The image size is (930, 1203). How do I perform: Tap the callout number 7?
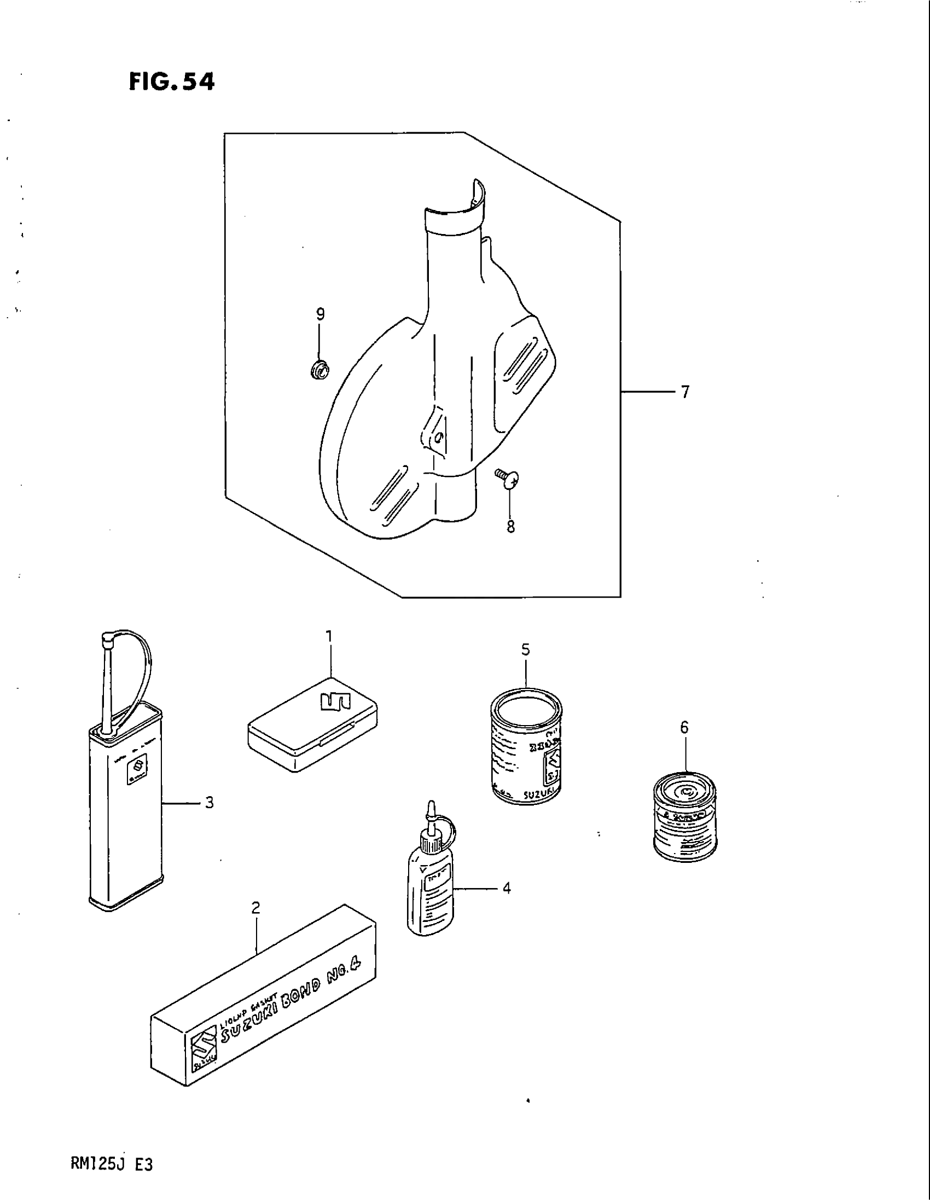click(x=685, y=392)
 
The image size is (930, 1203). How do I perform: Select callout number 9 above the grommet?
click(x=320, y=314)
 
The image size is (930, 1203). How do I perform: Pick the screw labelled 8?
click(x=508, y=477)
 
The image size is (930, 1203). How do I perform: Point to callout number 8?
click(x=511, y=527)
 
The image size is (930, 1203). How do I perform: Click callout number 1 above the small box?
click(x=329, y=636)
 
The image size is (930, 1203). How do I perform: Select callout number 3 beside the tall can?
click(x=209, y=803)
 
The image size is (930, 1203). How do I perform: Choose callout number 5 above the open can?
click(x=526, y=650)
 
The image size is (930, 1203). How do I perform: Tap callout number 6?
click(x=684, y=728)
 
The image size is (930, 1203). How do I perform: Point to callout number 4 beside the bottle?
click(x=507, y=887)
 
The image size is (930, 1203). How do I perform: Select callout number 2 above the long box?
click(x=255, y=907)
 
